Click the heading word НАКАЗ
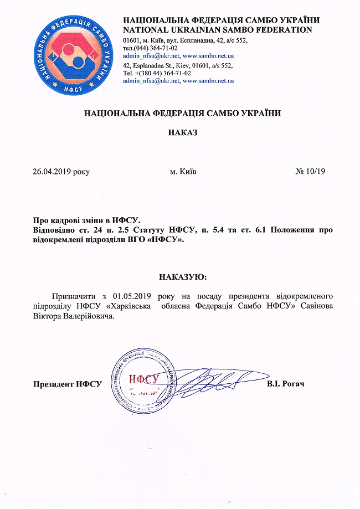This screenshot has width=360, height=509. click(x=182, y=133)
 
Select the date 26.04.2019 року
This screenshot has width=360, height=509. click(x=61, y=172)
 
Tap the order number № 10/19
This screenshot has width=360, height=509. click(x=311, y=172)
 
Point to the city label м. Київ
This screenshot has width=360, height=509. click(x=183, y=172)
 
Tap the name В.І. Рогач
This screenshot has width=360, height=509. click(x=286, y=384)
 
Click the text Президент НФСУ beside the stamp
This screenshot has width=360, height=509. click(x=67, y=384)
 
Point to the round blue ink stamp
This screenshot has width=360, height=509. click(x=145, y=380)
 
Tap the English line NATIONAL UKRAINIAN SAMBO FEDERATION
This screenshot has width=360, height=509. click(x=217, y=29)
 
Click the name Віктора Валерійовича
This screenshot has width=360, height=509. click(x=74, y=316)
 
